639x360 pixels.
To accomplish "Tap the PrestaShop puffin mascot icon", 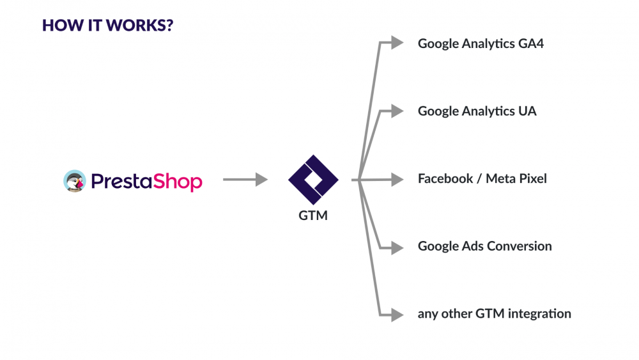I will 75,181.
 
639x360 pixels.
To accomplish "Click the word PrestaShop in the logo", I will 146,181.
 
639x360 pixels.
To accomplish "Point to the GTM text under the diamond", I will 313,215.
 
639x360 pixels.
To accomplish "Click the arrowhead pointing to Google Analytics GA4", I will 397,43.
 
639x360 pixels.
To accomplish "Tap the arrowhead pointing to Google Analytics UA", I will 397,111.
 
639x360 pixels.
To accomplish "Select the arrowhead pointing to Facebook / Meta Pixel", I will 397,180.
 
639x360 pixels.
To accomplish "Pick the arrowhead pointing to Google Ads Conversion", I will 397,247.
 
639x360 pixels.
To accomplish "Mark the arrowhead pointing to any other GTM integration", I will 397,314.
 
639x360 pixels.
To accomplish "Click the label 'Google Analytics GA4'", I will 481,43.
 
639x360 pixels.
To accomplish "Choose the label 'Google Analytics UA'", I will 477,111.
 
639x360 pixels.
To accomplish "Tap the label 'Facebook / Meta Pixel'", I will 482,178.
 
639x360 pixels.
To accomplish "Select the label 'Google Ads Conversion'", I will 484,246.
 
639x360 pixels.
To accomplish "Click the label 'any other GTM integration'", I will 494,314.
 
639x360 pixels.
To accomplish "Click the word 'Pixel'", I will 532,178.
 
